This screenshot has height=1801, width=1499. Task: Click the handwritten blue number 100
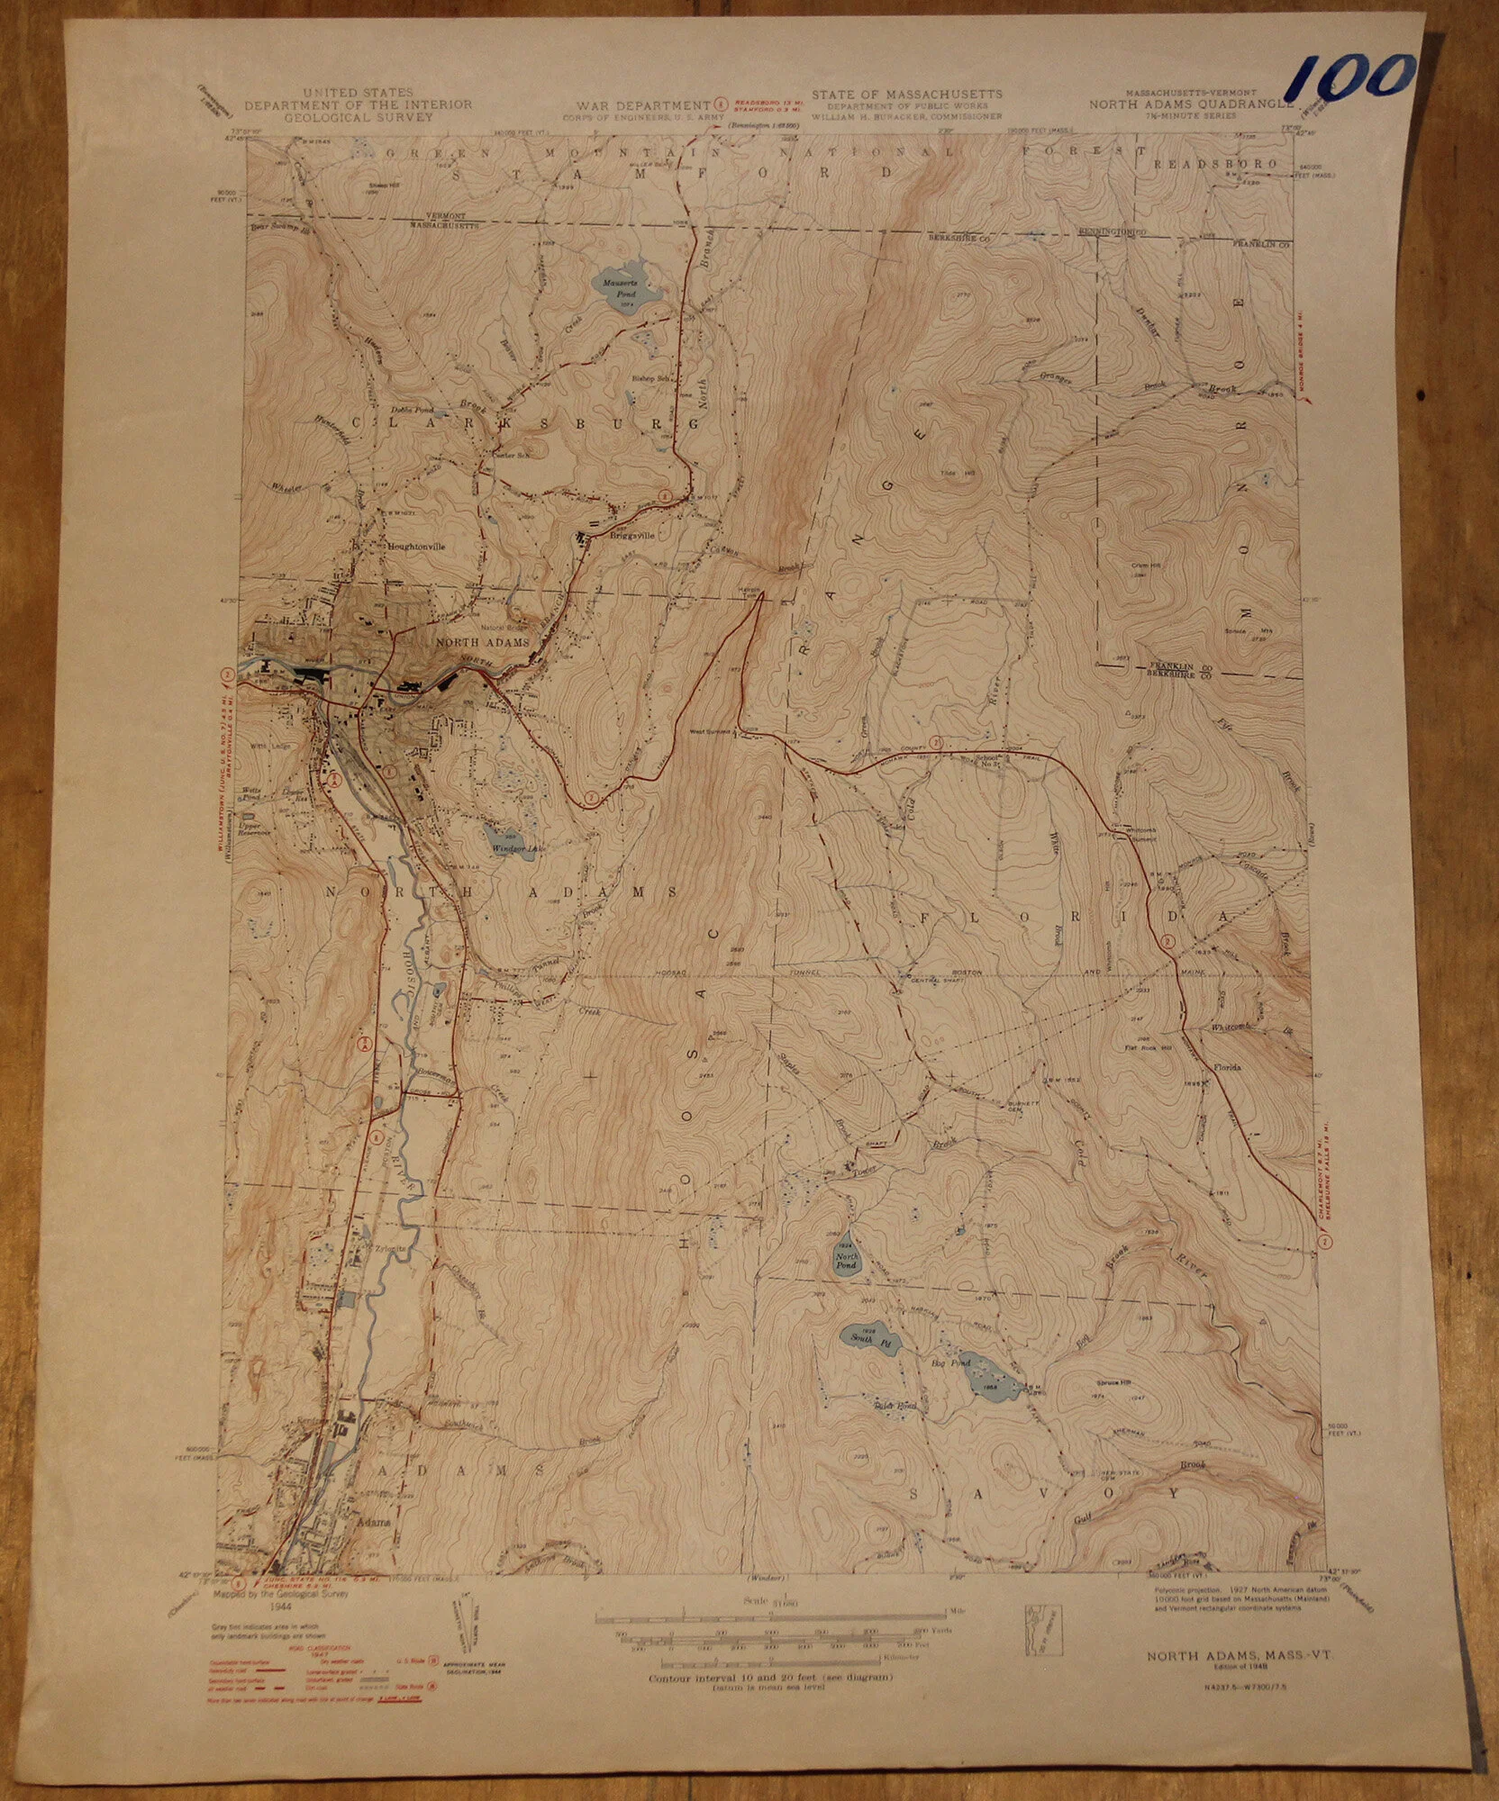coord(1351,76)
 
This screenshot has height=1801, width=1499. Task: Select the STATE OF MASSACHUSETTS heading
coord(905,95)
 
